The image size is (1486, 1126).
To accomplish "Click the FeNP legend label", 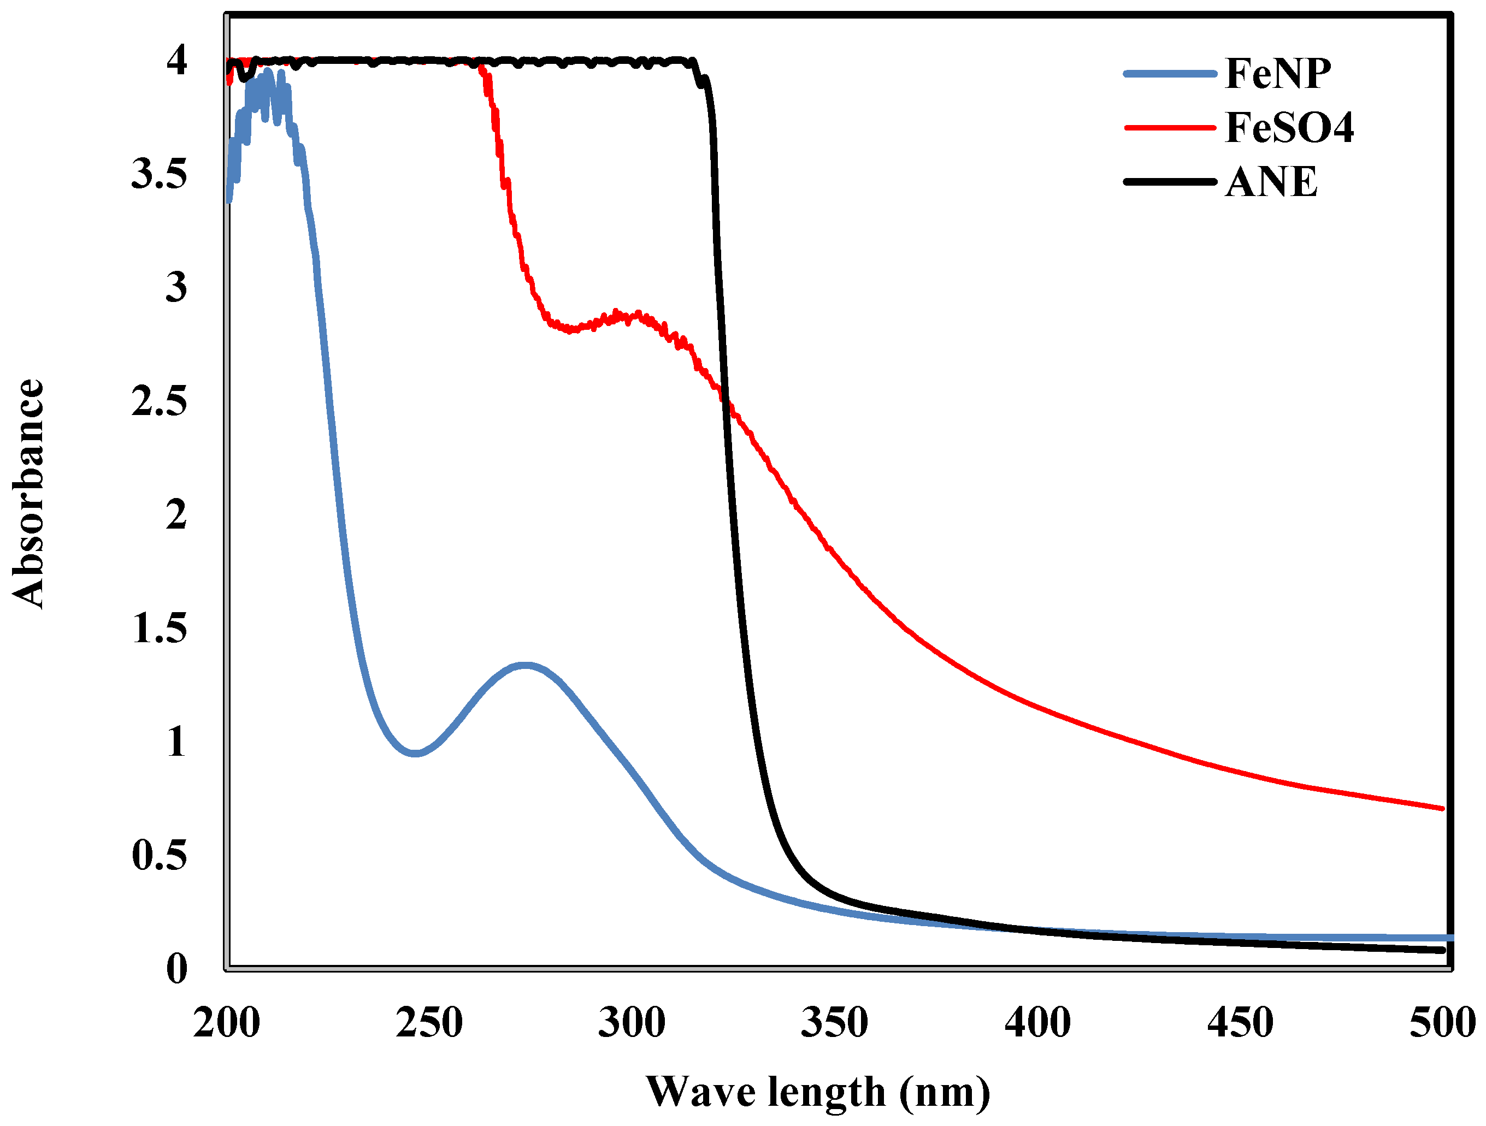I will click(x=1278, y=73).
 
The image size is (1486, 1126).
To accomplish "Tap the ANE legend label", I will click(x=1271, y=182).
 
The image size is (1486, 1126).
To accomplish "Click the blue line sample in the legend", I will click(x=1170, y=74).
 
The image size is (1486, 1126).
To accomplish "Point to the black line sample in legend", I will click(x=1170, y=182).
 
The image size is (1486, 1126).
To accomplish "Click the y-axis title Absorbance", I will click(x=28, y=494).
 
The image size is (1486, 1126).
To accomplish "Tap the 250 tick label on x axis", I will click(x=429, y=1023).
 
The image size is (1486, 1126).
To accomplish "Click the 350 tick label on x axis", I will click(x=834, y=1023).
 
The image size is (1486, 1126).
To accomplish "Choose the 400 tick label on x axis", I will click(x=1037, y=1023).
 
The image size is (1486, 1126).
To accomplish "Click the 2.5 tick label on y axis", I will click(x=159, y=401).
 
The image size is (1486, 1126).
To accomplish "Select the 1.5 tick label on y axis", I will click(x=159, y=629).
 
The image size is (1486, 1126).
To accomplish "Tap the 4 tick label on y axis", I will click(x=176, y=61).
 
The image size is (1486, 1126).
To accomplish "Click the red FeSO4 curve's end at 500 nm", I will click(x=1442, y=808).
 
